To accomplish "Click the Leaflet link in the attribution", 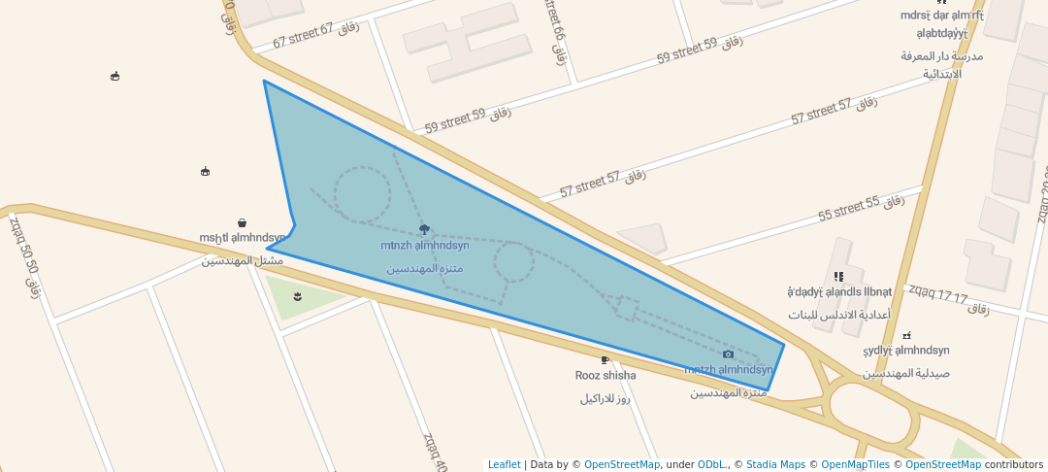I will click(x=504, y=464).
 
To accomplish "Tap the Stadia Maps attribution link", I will click(x=774, y=464).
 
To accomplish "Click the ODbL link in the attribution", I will click(x=711, y=464).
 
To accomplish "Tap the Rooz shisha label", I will click(x=606, y=376).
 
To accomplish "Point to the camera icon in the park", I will click(x=729, y=354).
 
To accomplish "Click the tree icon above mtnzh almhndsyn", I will click(x=424, y=230).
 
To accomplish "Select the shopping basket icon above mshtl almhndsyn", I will click(x=242, y=223).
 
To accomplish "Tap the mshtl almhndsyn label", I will click(x=243, y=238).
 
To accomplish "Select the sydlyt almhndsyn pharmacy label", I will click(x=906, y=351).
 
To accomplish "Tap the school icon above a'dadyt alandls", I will click(x=838, y=277).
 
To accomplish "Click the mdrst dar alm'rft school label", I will click(x=941, y=16).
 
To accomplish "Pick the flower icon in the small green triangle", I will click(x=297, y=296).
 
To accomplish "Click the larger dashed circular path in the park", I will click(x=363, y=194).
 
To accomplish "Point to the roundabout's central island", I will click(x=872, y=415).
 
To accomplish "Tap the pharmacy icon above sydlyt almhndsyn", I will click(x=906, y=336).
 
